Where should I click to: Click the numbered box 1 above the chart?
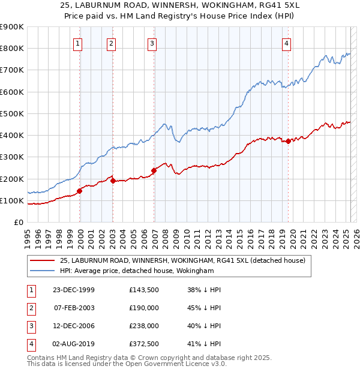click(x=79, y=43)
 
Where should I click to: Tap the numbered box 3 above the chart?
click(x=152, y=43)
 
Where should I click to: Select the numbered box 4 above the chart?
click(x=287, y=43)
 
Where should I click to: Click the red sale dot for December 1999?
click(x=80, y=191)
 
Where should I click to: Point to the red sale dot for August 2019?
click(x=289, y=142)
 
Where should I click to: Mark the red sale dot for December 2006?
click(x=154, y=170)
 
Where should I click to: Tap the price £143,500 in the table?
click(x=143, y=290)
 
